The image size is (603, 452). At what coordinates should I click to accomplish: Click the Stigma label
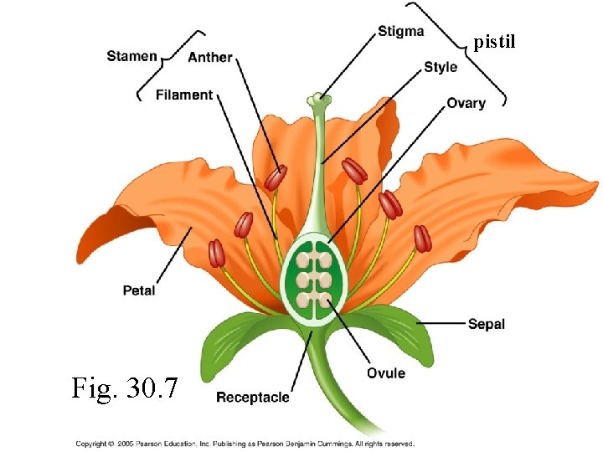pyautogui.click(x=400, y=32)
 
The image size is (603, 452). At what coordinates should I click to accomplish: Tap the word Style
pyautogui.click(x=441, y=67)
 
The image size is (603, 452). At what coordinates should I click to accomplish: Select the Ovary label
pyautogui.click(x=466, y=103)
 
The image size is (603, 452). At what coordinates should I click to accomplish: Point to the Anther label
pyautogui.click(x=210, y=57)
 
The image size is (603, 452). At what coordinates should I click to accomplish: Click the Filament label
pyautogui.click(x=184, y=95)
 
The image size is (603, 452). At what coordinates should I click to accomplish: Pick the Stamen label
pyautogui.click(x=131, y=56)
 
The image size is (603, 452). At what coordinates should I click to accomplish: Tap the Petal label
pyautogui.click(x=139, y=290)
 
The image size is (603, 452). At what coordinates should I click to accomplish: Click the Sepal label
pyautogui.click(x=486, y=323)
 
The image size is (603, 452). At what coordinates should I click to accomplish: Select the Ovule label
pyautogui.click(x=385, y=373)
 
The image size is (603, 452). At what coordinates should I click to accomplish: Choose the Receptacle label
pyautogui.click(x=253, y=397)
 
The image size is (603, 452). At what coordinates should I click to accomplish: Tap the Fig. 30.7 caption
pyautogui.click(x=125, y=388)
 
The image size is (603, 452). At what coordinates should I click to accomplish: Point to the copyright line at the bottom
pyautogui.click(x=245, y=444)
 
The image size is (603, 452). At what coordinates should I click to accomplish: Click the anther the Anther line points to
pyautogui.click(x=276, y=177)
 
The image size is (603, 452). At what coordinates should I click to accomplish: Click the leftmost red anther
pyautogui.click(x=216, y=253)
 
